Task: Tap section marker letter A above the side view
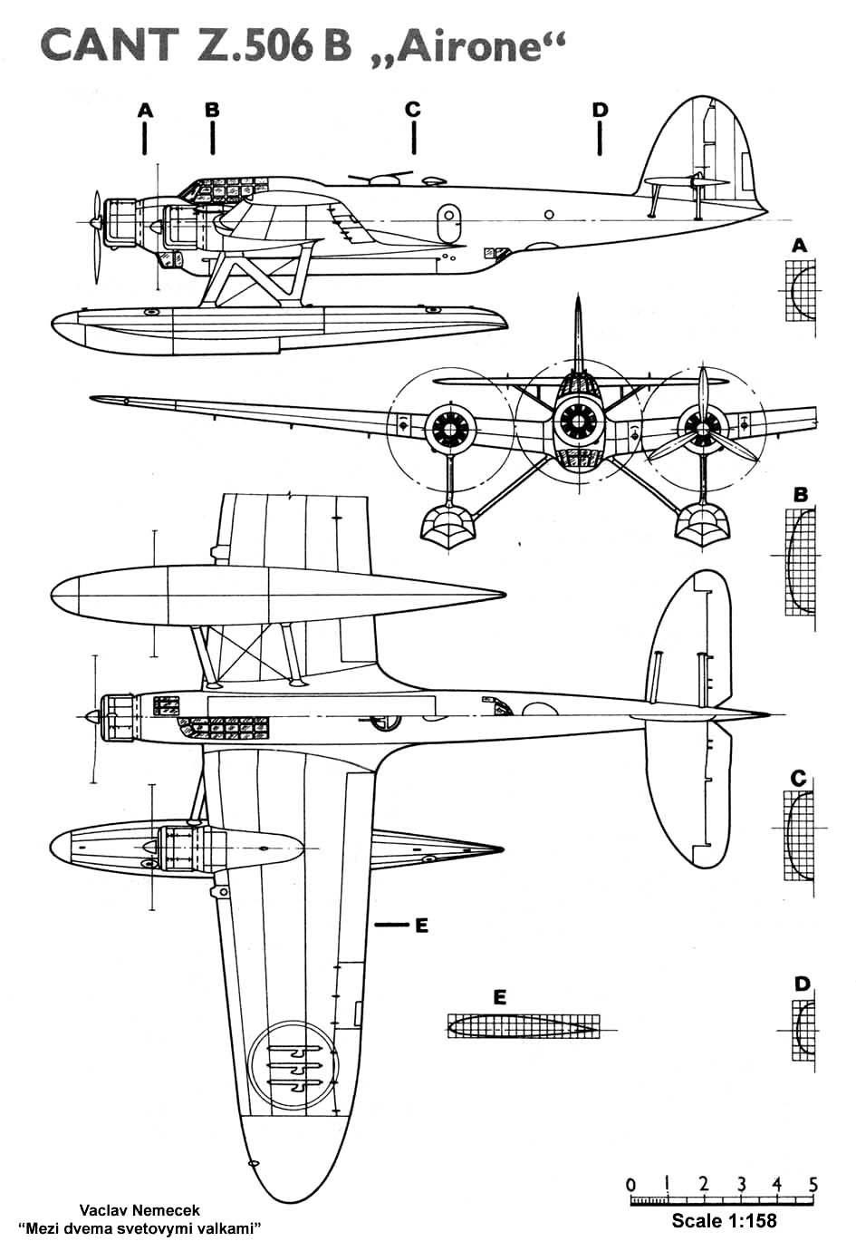(x=145, y=110)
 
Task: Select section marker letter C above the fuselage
(x=413, y=109)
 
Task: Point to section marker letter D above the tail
(x=600, y=110)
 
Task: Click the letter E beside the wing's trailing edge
(x=422, y=926)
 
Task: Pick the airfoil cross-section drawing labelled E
(x=524, y=1026)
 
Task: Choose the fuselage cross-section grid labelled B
(x=800, y=562)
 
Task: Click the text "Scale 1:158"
(x=724, y=1220)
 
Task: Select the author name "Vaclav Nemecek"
(x=139, y=1210)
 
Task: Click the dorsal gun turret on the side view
(x=382, y=179)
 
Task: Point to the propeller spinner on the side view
(x=96, y=222)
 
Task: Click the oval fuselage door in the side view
(x=449, y=223)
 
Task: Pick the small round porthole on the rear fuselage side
(x=549, y=215)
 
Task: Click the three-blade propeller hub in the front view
(x=703, y=429)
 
